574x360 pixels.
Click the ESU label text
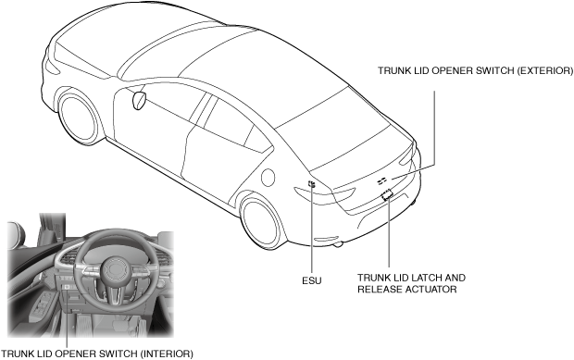tap(311, 280)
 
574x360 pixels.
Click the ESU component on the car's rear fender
tap(311, 184)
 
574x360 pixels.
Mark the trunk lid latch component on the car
tap(387, 195)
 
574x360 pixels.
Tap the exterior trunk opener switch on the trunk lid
tap(381, 180)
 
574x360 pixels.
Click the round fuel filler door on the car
tap(268, 177)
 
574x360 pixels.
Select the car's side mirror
tap(139, 101)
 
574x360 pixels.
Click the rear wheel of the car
tap(260, 221)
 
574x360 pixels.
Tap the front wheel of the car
tap(80, 118)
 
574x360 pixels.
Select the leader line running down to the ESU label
tap(311, 230)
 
